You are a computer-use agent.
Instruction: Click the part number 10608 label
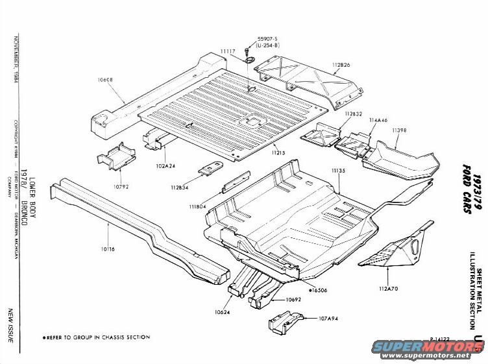[x=105, y=80]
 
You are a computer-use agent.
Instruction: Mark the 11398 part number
[x=399, y=130]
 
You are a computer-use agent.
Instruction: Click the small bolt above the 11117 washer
[x=248, y=49]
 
